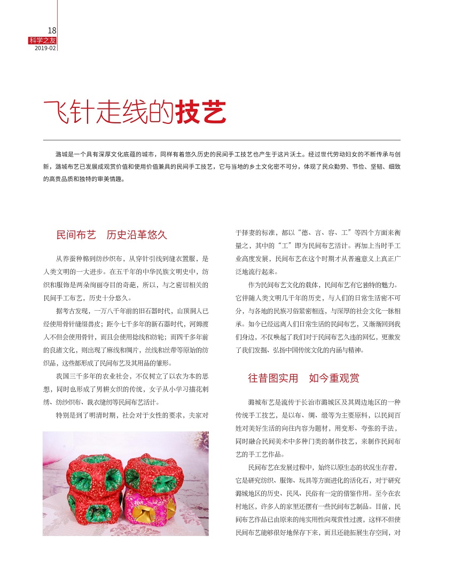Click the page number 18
click(52, 30)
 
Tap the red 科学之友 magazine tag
click(43, 40)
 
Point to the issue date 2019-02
click(45, 48)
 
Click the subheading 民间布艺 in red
click(76, 234)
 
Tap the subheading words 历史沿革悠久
click(137, 234)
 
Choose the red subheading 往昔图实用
click(273, 379)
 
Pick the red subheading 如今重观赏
click(334, 379)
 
